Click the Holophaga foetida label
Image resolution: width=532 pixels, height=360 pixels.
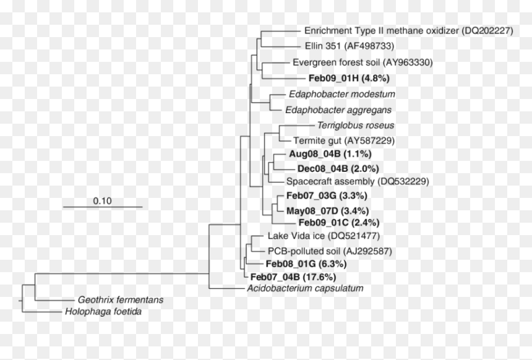(103, 312)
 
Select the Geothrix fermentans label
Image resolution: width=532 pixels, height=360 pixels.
(121, 299)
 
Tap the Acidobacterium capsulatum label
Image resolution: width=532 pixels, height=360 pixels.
(305, 288)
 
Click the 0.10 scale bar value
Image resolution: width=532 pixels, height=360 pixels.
(102, 201)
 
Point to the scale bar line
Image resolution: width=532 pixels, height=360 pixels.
(103, 207)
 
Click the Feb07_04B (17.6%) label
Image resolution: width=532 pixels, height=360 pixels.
(293, 277)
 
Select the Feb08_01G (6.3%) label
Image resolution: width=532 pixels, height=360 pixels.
(306, 264)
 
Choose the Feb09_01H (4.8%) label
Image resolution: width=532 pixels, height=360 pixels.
(349, 78)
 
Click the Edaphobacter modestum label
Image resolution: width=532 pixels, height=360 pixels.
(342, 94)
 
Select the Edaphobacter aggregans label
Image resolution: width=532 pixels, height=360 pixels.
(338, 110)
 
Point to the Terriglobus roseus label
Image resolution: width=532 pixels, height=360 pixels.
(356, 125)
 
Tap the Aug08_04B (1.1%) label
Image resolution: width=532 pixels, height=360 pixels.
(330, 153)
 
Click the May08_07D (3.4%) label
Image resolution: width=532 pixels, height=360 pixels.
(327, 211)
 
